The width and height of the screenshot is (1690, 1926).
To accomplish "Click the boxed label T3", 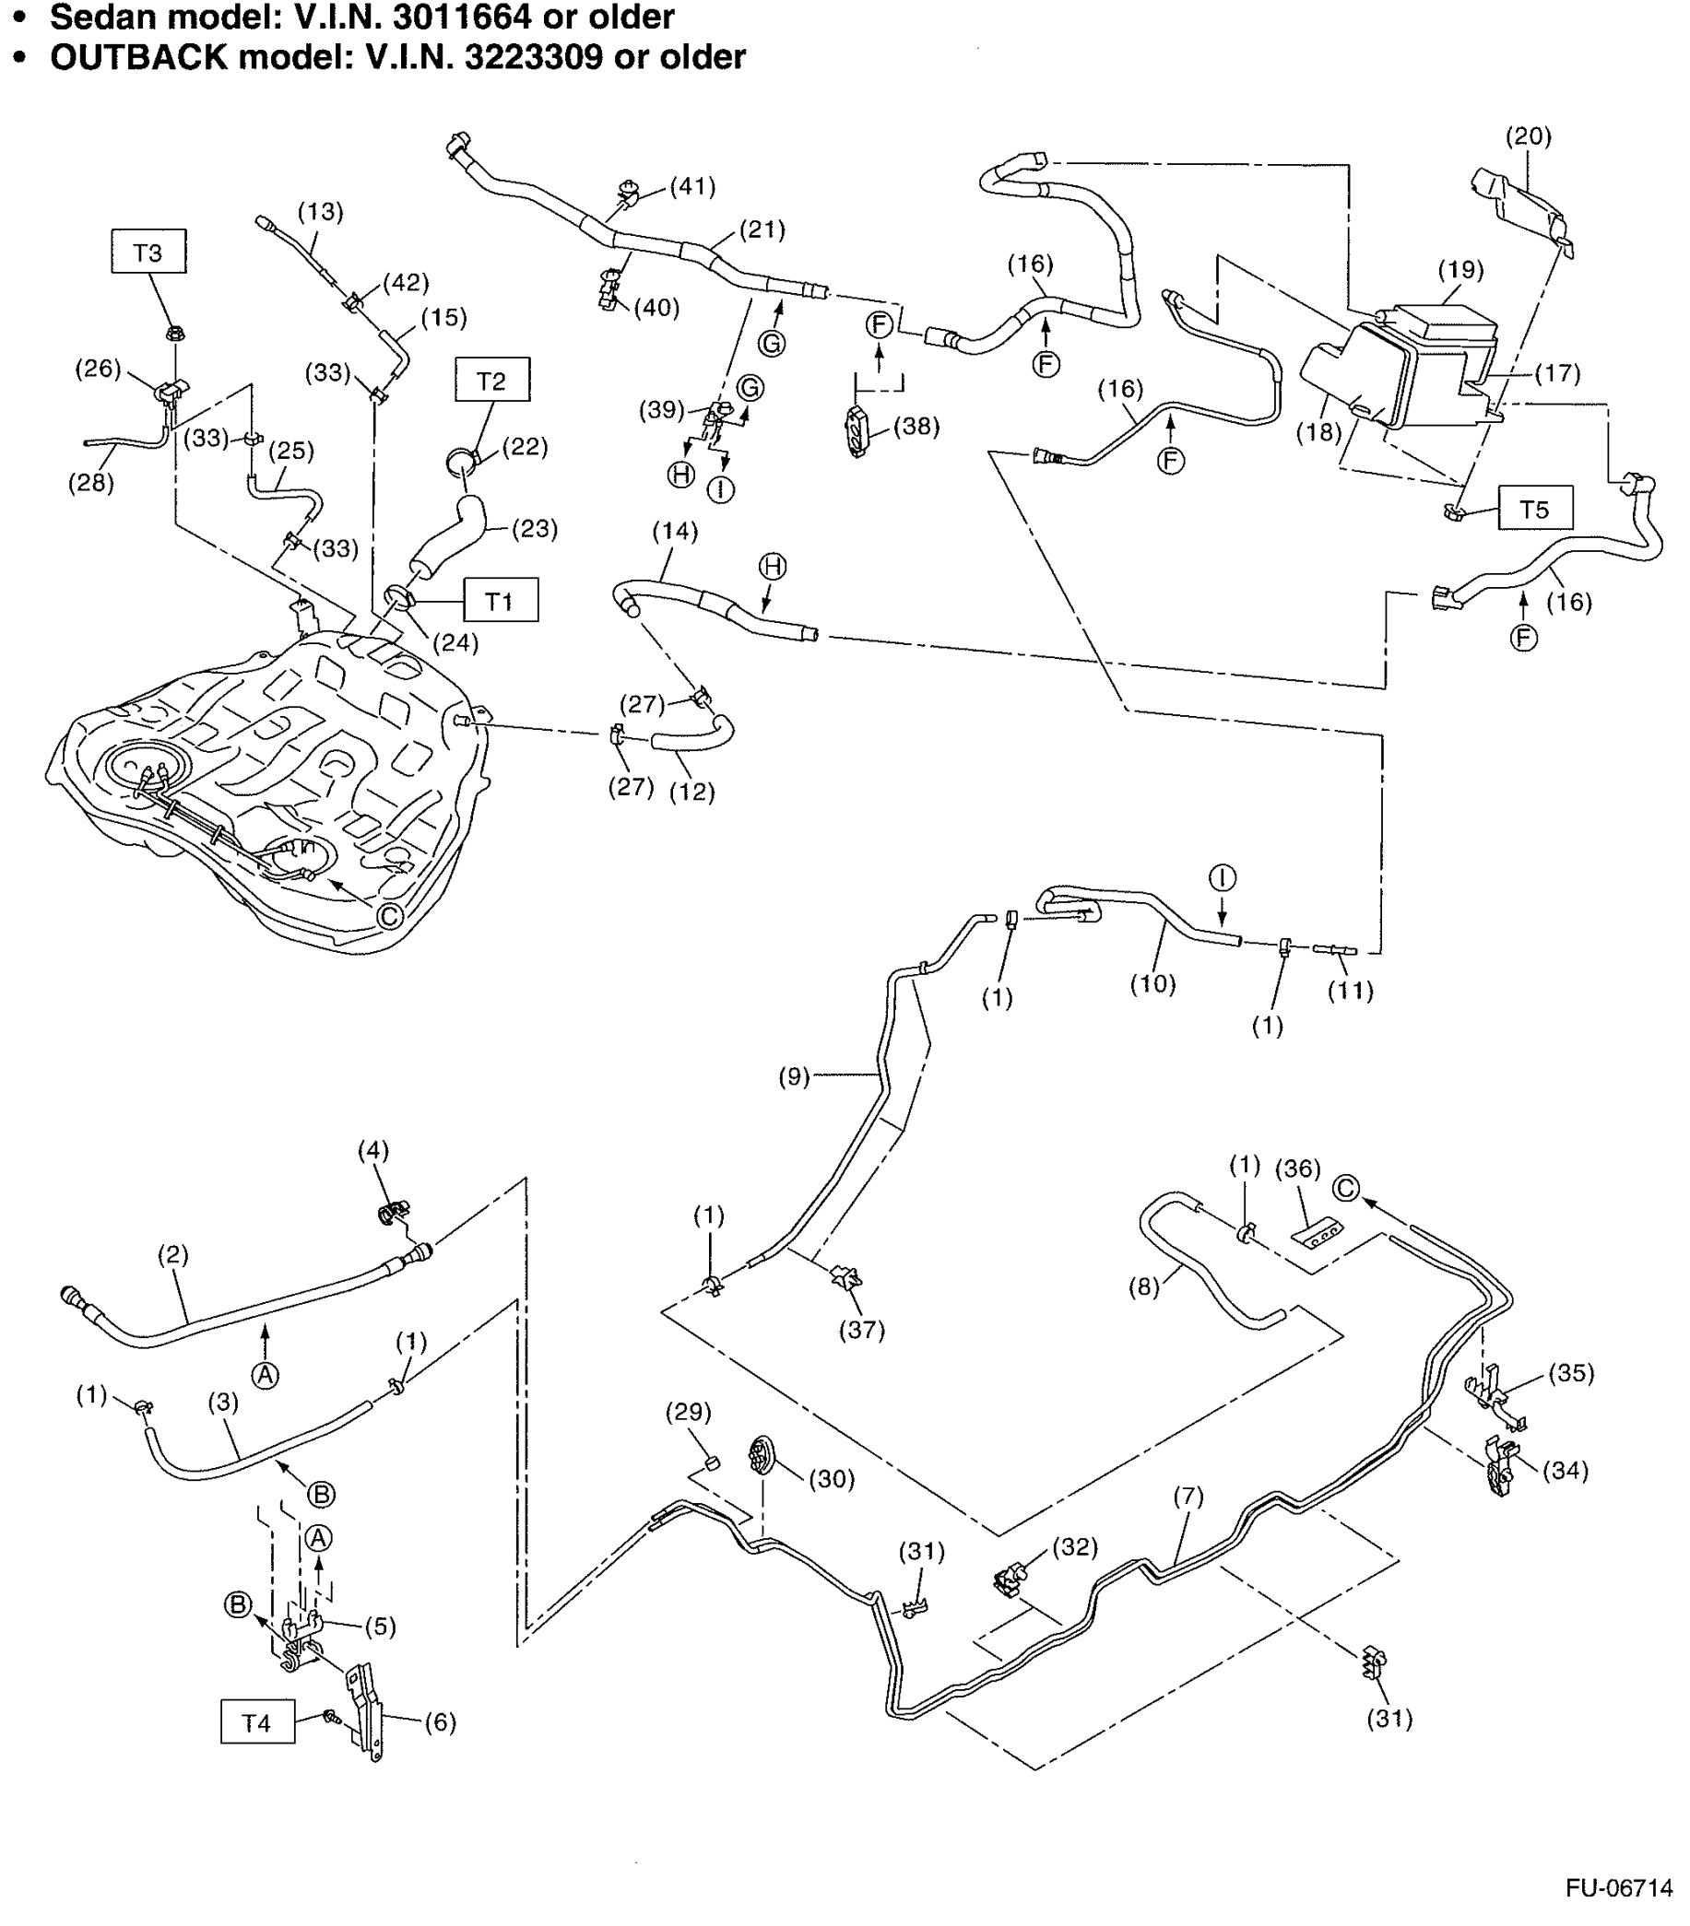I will tap(148, 252).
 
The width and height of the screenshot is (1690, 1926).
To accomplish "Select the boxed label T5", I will tap(1533, 509).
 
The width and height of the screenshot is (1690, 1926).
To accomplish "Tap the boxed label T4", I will tap(256, 1721).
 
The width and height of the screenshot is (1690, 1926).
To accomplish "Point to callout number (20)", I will tap(1527, 135).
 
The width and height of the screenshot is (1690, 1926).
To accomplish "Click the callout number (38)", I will tap(915, 426).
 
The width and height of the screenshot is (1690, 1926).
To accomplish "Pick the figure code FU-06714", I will tap(1618, 1887).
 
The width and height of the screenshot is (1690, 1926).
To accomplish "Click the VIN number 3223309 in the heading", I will tap(533, 56).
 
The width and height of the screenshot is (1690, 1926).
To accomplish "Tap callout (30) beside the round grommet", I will tap(831, 1478).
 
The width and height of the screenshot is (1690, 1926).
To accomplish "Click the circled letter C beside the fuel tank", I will tap(389, 915).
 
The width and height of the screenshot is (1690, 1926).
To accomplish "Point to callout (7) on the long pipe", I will tap(1188, 1496).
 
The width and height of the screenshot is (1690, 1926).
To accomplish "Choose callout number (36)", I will tap(1297, 1169).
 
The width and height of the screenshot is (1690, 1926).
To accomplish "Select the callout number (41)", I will tap(691, 185).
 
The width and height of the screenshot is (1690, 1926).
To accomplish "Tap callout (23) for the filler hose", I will tap(534, 529).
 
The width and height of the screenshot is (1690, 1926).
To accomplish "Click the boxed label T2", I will tap(491, 380).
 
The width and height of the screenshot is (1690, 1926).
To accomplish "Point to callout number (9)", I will tap(794, 1076).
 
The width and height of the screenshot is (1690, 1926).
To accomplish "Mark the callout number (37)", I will tap(860, 1330).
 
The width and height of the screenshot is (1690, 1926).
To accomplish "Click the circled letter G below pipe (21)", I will tap(771, 343).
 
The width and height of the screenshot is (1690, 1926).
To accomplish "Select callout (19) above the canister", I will tap(1460, 269).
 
